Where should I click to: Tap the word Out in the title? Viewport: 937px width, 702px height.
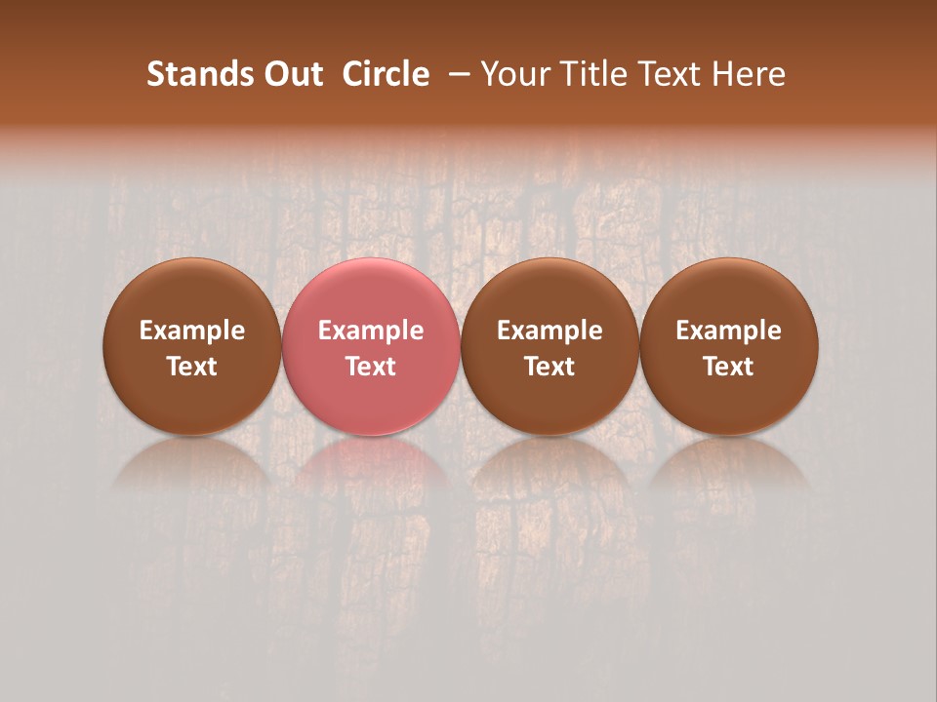tap(291, 74)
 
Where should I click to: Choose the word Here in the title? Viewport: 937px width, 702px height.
tap(749, 74)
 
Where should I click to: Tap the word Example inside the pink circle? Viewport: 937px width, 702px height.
tap(371, 331)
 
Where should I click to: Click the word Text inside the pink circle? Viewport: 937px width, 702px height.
tap(371, 367)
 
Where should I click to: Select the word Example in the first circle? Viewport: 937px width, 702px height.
tap(192, 331)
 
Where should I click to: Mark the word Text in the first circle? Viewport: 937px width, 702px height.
tap(192, 367)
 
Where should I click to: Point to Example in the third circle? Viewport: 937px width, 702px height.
tap(550, 331)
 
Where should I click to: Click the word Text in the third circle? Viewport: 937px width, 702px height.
tap(550, 367)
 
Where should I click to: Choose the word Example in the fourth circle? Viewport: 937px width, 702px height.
tap(729, 331)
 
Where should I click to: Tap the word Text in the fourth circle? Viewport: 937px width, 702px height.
tap(729, 367)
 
